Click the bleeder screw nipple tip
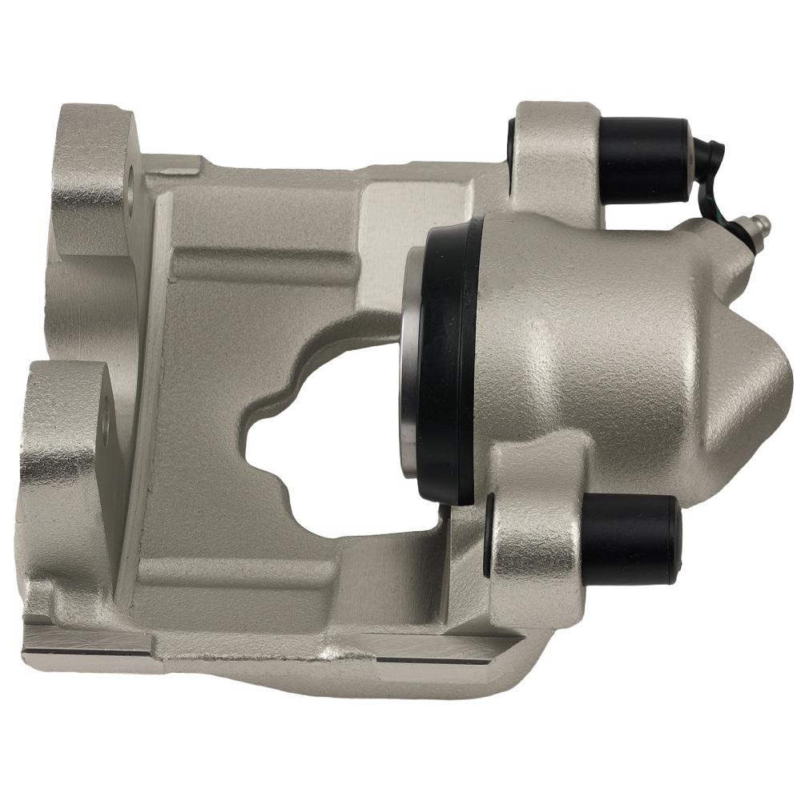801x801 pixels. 766,221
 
